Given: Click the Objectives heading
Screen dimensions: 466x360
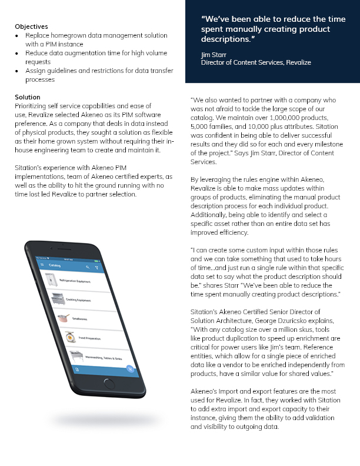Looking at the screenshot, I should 31,27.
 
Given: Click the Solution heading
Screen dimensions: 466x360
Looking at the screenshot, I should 28,97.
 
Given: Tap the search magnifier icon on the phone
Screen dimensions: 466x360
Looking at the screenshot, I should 88,267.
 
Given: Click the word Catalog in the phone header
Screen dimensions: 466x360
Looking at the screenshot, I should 55,266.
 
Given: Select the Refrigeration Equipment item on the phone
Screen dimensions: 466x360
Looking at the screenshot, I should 75,282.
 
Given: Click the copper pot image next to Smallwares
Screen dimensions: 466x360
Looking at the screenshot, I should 64,317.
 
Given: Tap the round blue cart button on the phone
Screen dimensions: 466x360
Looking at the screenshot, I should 130,370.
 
